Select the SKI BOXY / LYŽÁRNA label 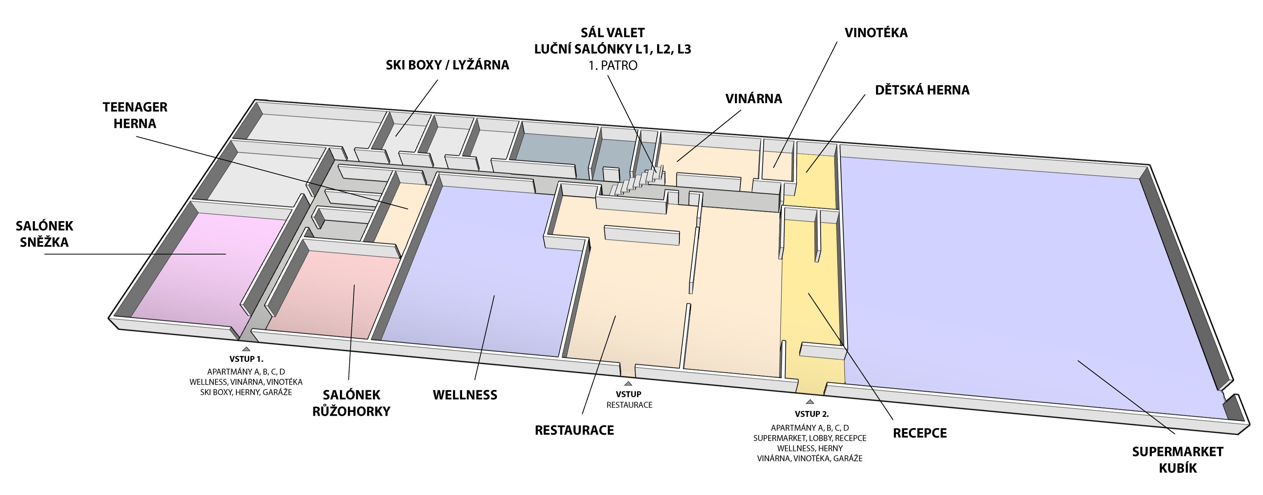[x=447, y=65]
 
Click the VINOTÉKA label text [x=876, y=33]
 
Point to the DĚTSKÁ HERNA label [x=922, y=90]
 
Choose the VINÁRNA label [x=753, y=99]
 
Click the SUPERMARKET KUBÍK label [x=1178, y=460]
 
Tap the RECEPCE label [x=920, y=433]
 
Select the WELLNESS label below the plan [x=465, y=395]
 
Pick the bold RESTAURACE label [x=574, y=430]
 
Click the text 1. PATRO [x=613, y=66]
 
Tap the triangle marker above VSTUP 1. [x=246, y=349]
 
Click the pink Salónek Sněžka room [x=206, y=270]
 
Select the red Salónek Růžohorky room [x=333, y=294]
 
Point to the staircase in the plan [x=637, y=181]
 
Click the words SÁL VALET [x=612, y=33]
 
